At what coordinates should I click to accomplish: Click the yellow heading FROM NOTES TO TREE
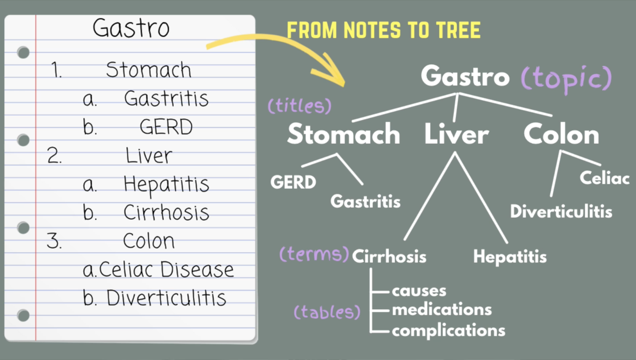tap(383, 30)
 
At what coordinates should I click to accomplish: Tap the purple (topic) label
tap(566, 78)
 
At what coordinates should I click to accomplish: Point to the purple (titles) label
tap(299, 106)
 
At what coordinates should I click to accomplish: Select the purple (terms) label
tap(314, 254)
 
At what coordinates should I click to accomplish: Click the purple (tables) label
tap(327, 312)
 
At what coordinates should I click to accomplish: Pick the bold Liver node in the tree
tap(456, 134)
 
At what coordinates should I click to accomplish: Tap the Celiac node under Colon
tap(604, 178)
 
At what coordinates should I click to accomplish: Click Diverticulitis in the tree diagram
tap(561, 212)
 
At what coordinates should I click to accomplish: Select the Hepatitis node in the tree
tap(510, 257)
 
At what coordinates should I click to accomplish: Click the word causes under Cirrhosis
tap(419, 291)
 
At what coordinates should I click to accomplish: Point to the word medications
tap(442, 310)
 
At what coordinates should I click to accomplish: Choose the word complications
tap(448, 331)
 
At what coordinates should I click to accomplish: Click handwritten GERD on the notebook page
tap(166, 127)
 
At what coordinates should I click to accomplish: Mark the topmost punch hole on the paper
tap(23, 52)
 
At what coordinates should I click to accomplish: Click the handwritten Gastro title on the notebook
tap(131, 28)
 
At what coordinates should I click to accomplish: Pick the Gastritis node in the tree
tap(365, 202)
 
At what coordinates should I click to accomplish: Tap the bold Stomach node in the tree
tap(343, 134)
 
